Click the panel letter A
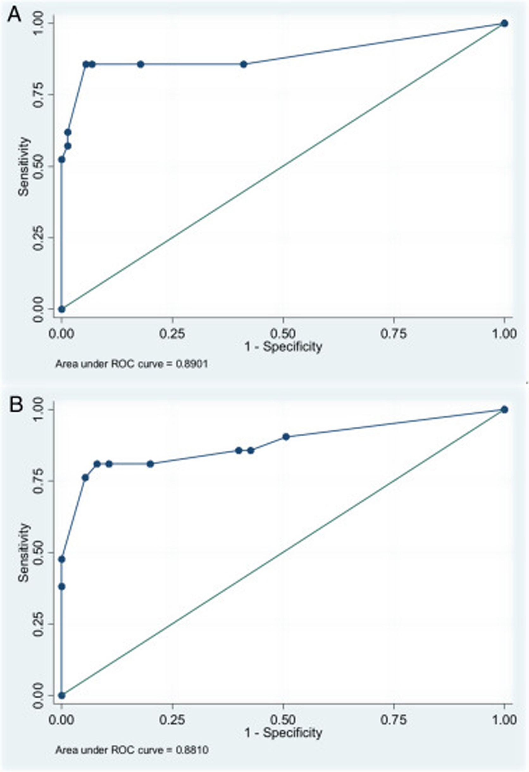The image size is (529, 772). tap(14, 15)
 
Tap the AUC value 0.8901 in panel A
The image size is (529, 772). tap(191, 364)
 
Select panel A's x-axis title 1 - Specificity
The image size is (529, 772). tap(283, 347)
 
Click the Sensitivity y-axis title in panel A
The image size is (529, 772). tap(24, 167)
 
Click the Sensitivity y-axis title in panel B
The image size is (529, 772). tap(24, 553)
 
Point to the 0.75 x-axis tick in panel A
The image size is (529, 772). tap(394, 333)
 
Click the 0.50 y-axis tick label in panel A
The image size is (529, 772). tap(39, 166)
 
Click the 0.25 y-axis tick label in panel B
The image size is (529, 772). tap(39, 624)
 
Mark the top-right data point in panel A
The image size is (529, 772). tap(504, 23)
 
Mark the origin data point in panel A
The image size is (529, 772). tap(62, 309)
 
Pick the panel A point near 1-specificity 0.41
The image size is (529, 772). tap(244, 64)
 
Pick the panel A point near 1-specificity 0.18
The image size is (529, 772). tap(140, 64)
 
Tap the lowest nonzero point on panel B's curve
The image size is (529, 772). tap(62, 587)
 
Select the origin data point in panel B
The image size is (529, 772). tap(62, 695)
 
